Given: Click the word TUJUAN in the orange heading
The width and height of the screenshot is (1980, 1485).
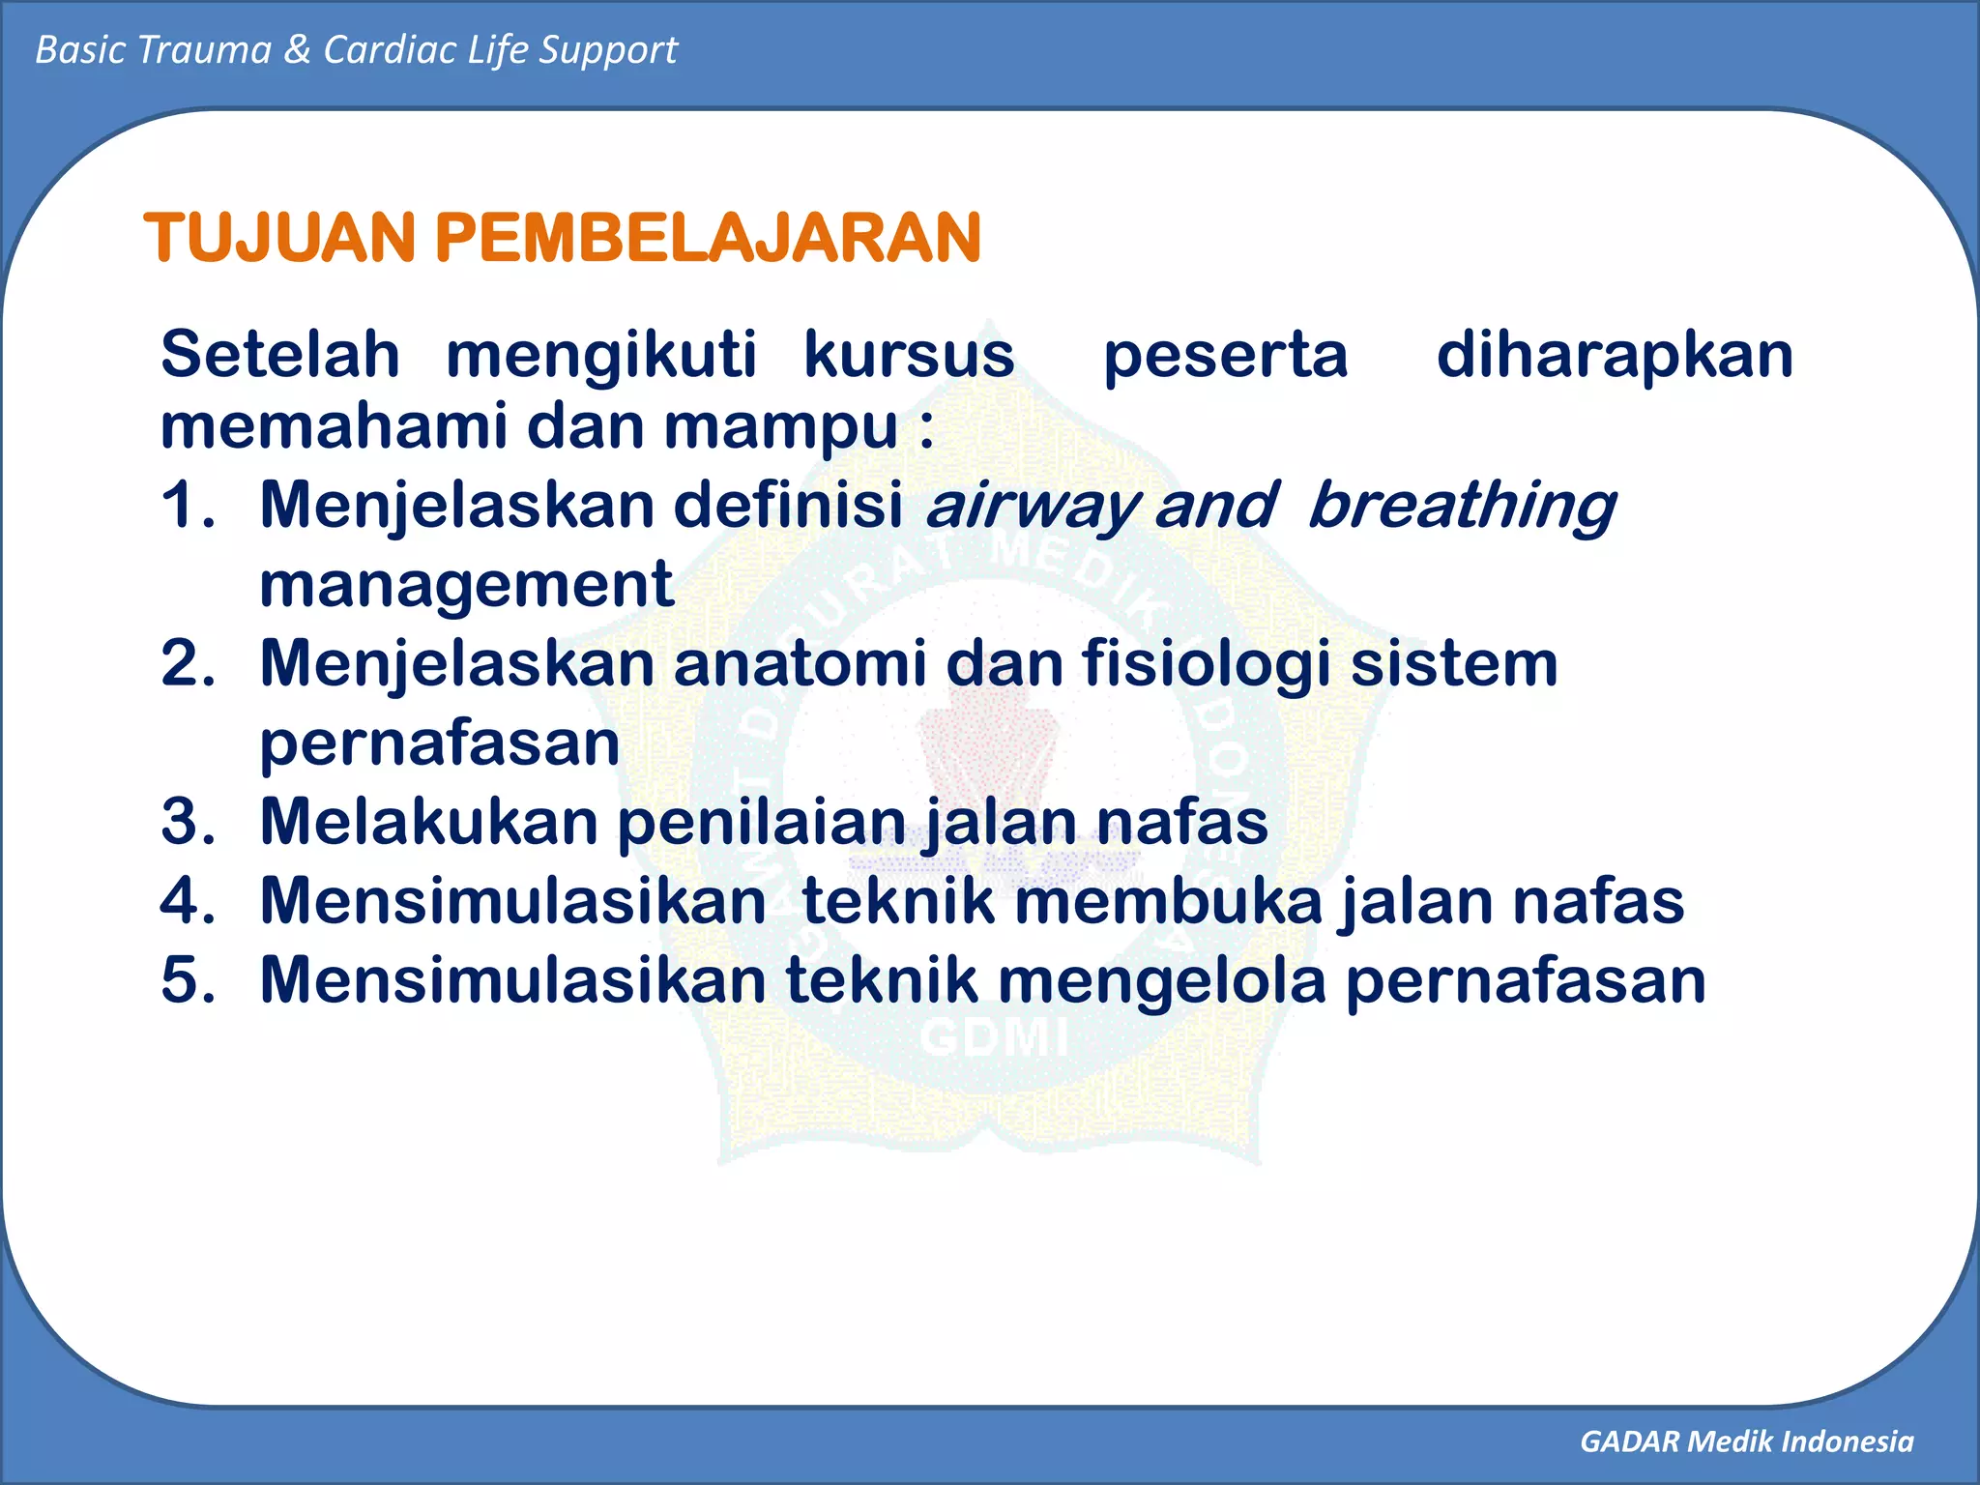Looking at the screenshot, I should (x=280, y=238).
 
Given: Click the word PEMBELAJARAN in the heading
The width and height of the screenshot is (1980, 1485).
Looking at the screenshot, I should (x=709, y=238).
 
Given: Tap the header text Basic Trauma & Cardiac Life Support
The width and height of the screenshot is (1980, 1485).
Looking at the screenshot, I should (x=356, y=49).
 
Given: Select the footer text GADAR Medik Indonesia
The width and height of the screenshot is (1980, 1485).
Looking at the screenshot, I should (x=1746, y=1441).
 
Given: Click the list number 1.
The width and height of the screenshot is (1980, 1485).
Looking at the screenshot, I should (x=186, y=505).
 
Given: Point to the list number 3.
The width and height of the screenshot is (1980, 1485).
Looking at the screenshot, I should (x=188, y=822).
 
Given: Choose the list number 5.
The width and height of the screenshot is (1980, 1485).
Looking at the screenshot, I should (x=188, y=979).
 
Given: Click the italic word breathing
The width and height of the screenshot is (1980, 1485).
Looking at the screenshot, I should (x=1461, y=507).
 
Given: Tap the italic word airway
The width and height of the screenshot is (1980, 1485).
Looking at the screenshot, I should (x=1031, y=507).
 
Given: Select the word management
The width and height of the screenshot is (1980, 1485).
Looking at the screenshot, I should (x=466, y=585).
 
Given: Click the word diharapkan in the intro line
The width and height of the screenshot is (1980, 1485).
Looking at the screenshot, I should (x=1615, y=356).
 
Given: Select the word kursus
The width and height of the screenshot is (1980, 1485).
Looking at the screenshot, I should (x=909, y=354).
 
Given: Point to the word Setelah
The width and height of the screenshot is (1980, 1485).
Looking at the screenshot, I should (x=279, y=354).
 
